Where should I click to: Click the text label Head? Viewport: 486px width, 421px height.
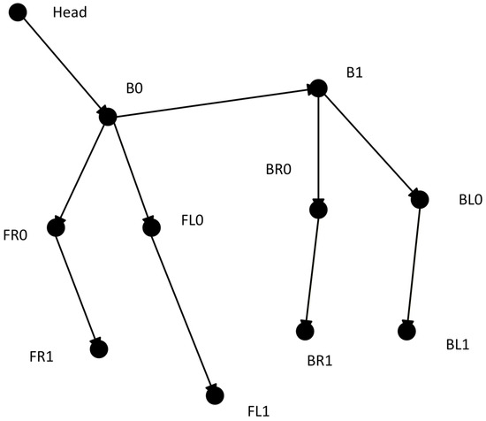click(x=70, y=12)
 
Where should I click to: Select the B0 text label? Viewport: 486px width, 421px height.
click(x=134, y=88)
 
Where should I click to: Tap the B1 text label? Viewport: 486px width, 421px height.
click(x=354, y=73)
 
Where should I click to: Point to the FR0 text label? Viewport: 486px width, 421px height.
click(x=15, y=235)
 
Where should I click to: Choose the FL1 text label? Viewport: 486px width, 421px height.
click(x=259, y=411)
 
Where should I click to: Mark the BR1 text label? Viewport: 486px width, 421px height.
click(x=320, y=361)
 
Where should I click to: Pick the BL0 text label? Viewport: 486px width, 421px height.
click(x=470, y=200)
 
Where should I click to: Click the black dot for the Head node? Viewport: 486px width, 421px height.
click(x=18, y=12)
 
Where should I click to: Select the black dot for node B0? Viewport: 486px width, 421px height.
click(x=108, y=117)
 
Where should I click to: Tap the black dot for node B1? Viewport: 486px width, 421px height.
click(x=318, y=88)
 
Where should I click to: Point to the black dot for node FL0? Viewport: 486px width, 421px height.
click(x=152, y=227)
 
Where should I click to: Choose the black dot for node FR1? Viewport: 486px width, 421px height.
click(x=99, y=349)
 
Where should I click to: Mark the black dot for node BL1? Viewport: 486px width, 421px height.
click(x=406, y=331)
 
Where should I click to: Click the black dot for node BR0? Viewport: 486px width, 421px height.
click(x=318, y=210)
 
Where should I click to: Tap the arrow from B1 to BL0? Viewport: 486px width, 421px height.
click(x=369, y=144)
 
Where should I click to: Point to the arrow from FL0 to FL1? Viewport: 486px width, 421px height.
click(x=183, y=311)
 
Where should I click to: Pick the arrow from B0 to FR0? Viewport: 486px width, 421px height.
click(x=82, y=172)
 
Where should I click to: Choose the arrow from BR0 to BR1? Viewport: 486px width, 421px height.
click(x=312, y=270)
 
